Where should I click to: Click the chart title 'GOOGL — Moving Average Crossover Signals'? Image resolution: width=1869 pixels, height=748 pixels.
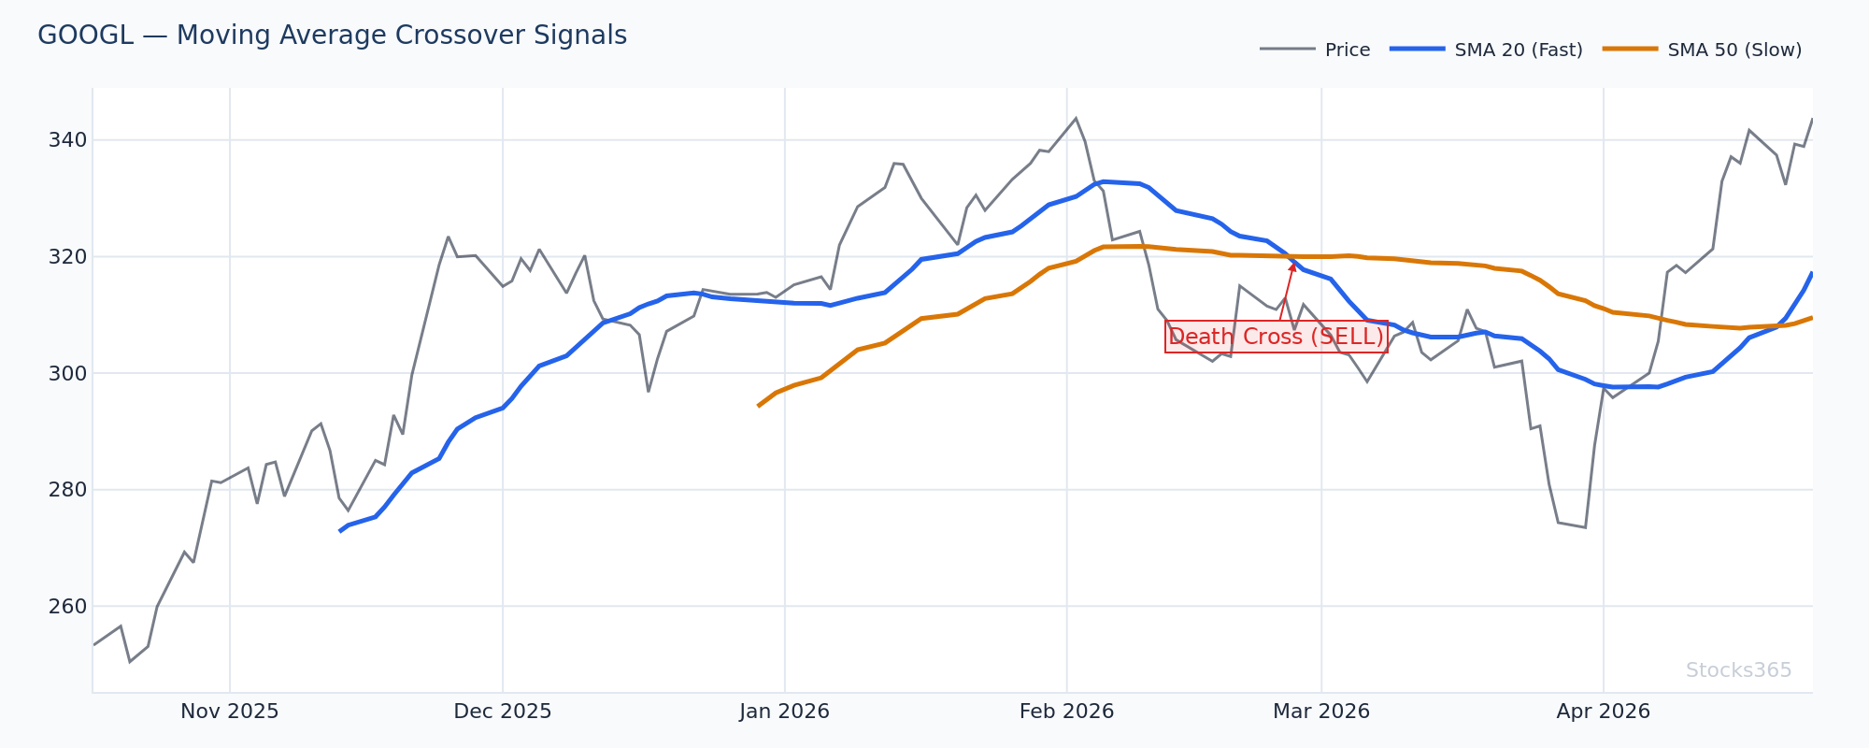[x=332, y=36]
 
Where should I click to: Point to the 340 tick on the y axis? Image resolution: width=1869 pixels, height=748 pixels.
[x=67, y=140]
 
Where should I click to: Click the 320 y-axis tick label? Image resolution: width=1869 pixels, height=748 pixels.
[x=67, y=256]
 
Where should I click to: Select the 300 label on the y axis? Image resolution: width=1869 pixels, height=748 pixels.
[x=67, y=373]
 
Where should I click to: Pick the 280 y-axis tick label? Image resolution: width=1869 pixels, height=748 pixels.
[x=67, y=490]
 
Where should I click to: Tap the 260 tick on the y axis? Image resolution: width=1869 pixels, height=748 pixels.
[x=67, y=607]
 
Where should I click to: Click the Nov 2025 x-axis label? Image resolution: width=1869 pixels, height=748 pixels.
[x=230, y=712]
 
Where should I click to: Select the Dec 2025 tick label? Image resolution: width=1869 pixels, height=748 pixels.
[x=503, y=712]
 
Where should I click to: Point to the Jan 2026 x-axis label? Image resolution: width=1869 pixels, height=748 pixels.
[x=784, y=712]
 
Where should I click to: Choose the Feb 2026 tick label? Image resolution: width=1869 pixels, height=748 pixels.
[x=1066, y=712]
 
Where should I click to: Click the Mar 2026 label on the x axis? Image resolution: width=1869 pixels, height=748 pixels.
[x=1320, y=712]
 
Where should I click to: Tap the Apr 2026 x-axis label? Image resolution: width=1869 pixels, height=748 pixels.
[x=1603, y=712]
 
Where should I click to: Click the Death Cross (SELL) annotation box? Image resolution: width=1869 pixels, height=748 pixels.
[x=1276, y=337]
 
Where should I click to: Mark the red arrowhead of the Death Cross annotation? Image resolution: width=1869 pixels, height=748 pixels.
[x=1293, y=266]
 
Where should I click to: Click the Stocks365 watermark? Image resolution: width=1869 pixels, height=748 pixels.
[x=1738, y=670]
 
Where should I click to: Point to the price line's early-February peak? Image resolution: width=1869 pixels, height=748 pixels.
[x=1076, y=118]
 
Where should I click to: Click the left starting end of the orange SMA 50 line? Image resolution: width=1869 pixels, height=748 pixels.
[x=758, y=406]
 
